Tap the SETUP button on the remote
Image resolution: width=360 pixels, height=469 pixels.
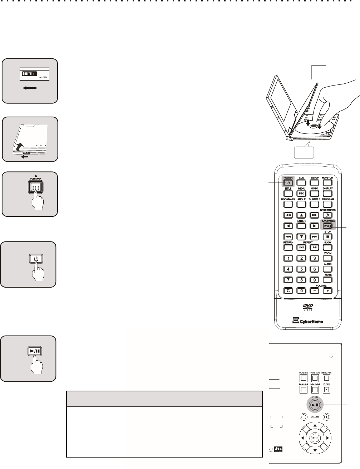point(314,184)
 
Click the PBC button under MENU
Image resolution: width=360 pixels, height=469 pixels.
point(301,194)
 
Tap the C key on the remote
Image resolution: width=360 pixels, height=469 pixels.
point(288,290)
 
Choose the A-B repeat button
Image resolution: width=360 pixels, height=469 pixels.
point(314,247)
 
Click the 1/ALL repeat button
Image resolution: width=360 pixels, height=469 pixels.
point(301,247)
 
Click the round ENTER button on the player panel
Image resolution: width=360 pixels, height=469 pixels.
point(315,438)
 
